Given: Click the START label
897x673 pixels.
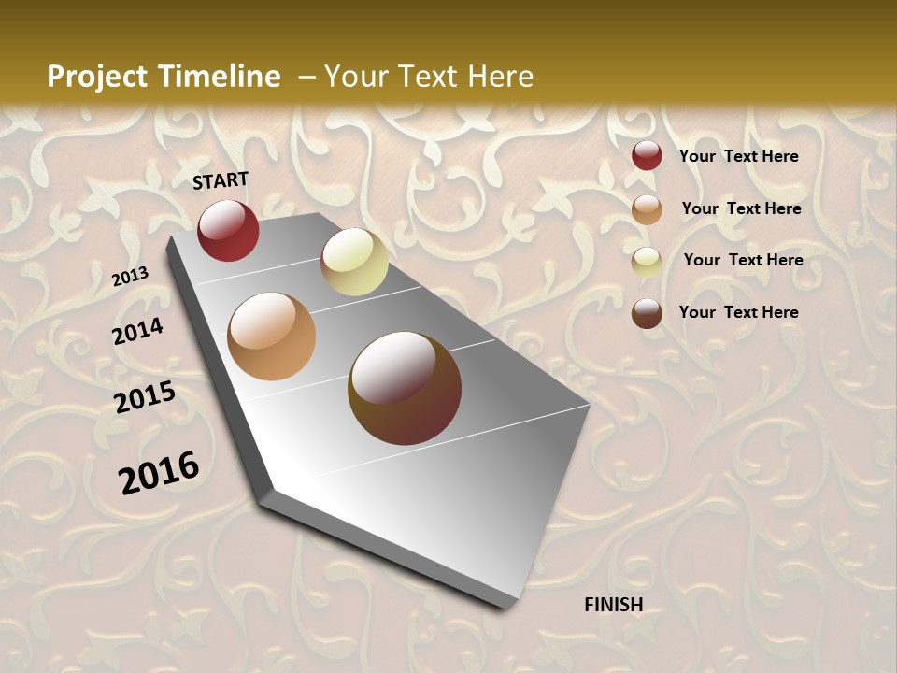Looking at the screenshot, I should (221, 180).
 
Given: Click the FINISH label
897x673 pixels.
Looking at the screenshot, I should (614, 605).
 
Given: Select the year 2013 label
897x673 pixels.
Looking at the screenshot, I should (130, 277).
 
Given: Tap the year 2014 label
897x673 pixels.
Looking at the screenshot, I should (138, 331).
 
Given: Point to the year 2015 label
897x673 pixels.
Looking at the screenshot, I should (145, 397).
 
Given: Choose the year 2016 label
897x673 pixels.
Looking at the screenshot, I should (159, 473).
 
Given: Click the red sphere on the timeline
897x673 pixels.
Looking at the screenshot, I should (228, 230).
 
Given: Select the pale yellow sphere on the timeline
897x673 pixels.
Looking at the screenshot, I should (355, 262).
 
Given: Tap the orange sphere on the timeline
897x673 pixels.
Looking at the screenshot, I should (272, 336).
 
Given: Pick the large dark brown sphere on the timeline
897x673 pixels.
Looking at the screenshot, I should (405, 388).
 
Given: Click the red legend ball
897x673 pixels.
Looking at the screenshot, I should (647, 155).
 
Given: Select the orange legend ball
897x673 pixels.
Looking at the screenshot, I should (647, 209).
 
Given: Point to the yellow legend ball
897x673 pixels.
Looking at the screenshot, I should (647, 262).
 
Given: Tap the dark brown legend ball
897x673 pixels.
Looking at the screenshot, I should (647, 313).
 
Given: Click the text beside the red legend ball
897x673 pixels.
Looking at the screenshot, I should (738, 156).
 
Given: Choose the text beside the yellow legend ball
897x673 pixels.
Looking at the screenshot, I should (743, 260).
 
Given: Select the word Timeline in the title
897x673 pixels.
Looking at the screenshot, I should (224, 77).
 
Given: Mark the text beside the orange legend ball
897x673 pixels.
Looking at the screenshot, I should (741, 208).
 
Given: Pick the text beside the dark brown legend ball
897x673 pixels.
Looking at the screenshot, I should (738, 312).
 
